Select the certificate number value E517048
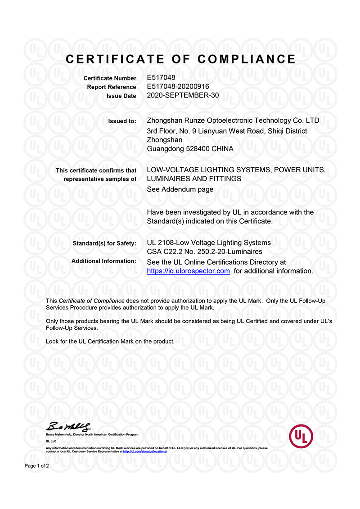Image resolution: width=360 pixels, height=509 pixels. tap(161, 78)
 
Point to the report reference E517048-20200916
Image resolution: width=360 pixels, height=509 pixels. tap(178, 86)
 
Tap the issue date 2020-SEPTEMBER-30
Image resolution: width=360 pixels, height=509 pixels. tap(183, 95)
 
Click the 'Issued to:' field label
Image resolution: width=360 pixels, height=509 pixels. tap(122, 121)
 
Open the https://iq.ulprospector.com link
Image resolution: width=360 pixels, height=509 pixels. tap(189, 271)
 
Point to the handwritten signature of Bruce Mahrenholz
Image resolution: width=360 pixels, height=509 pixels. tap(70, 426)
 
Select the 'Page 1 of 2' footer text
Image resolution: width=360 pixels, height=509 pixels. tap(37, 466)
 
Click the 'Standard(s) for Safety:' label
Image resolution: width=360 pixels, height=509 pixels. tap(104, 243)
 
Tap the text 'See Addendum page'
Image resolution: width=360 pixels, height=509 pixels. tap(180, 189)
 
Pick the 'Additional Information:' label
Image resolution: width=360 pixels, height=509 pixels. tap(103, 261)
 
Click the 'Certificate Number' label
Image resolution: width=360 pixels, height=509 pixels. tap(110, 78)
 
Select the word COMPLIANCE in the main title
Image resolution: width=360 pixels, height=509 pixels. tap(247, 59)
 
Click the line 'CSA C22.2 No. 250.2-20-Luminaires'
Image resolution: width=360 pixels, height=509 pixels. tap(205, 252)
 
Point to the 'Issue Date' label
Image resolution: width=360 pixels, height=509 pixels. tap(121, 96)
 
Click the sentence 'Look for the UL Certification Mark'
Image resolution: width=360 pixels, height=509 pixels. tap(110, 341)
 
